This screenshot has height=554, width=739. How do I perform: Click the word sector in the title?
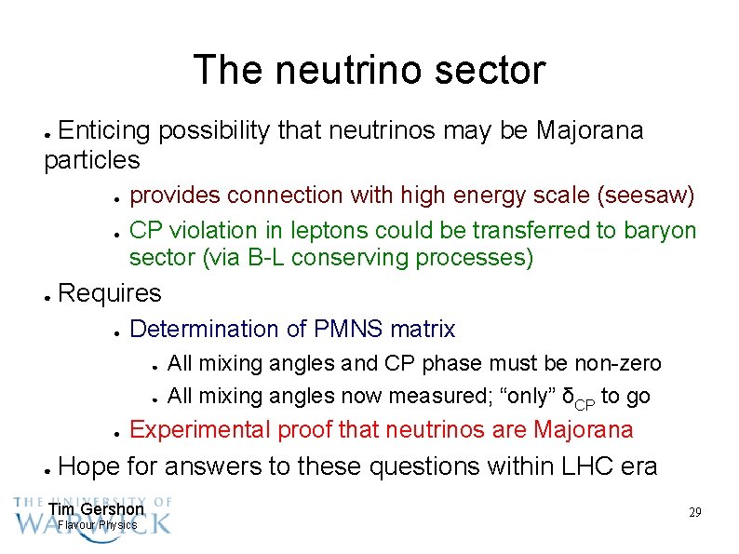[x=491, y=71]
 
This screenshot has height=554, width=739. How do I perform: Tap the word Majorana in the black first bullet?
[x=590, y=131]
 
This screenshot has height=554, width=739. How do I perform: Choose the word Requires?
[x=110, y=294]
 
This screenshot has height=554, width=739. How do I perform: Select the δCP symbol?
[x=576, y=398]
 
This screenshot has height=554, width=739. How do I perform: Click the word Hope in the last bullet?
[x=87, y=466]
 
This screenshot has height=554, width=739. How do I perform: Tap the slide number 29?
[x=694, y=513]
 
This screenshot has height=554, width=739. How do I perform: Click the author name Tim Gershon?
[x=96, y=509]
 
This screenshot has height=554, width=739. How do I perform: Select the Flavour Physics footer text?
[x=97, y=525]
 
